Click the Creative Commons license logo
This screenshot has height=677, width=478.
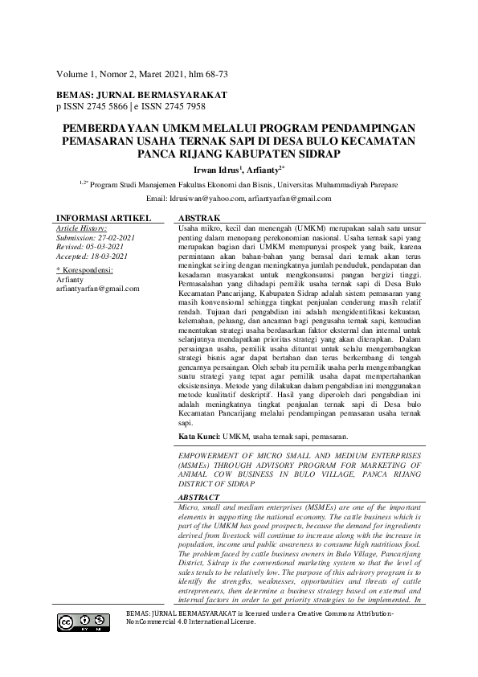click(83, 622)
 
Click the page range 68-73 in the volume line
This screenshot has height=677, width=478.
click(213, 74)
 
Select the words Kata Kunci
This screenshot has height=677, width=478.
click(198, 436)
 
